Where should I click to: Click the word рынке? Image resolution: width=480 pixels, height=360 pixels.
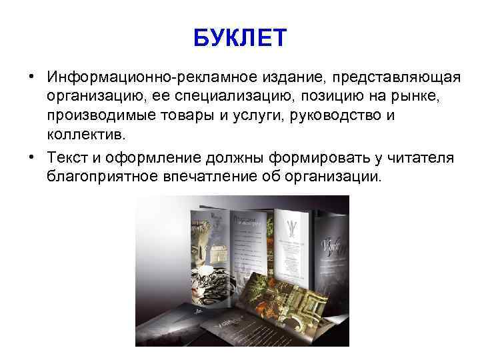tap(412, 97)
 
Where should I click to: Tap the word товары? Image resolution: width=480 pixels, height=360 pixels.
tap(186, 117)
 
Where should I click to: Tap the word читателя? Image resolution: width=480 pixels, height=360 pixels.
tap(416, 157)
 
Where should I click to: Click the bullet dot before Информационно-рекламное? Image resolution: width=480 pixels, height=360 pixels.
tap(31, 78)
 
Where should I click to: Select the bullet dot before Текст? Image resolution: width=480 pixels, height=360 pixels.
tap(31, 157)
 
